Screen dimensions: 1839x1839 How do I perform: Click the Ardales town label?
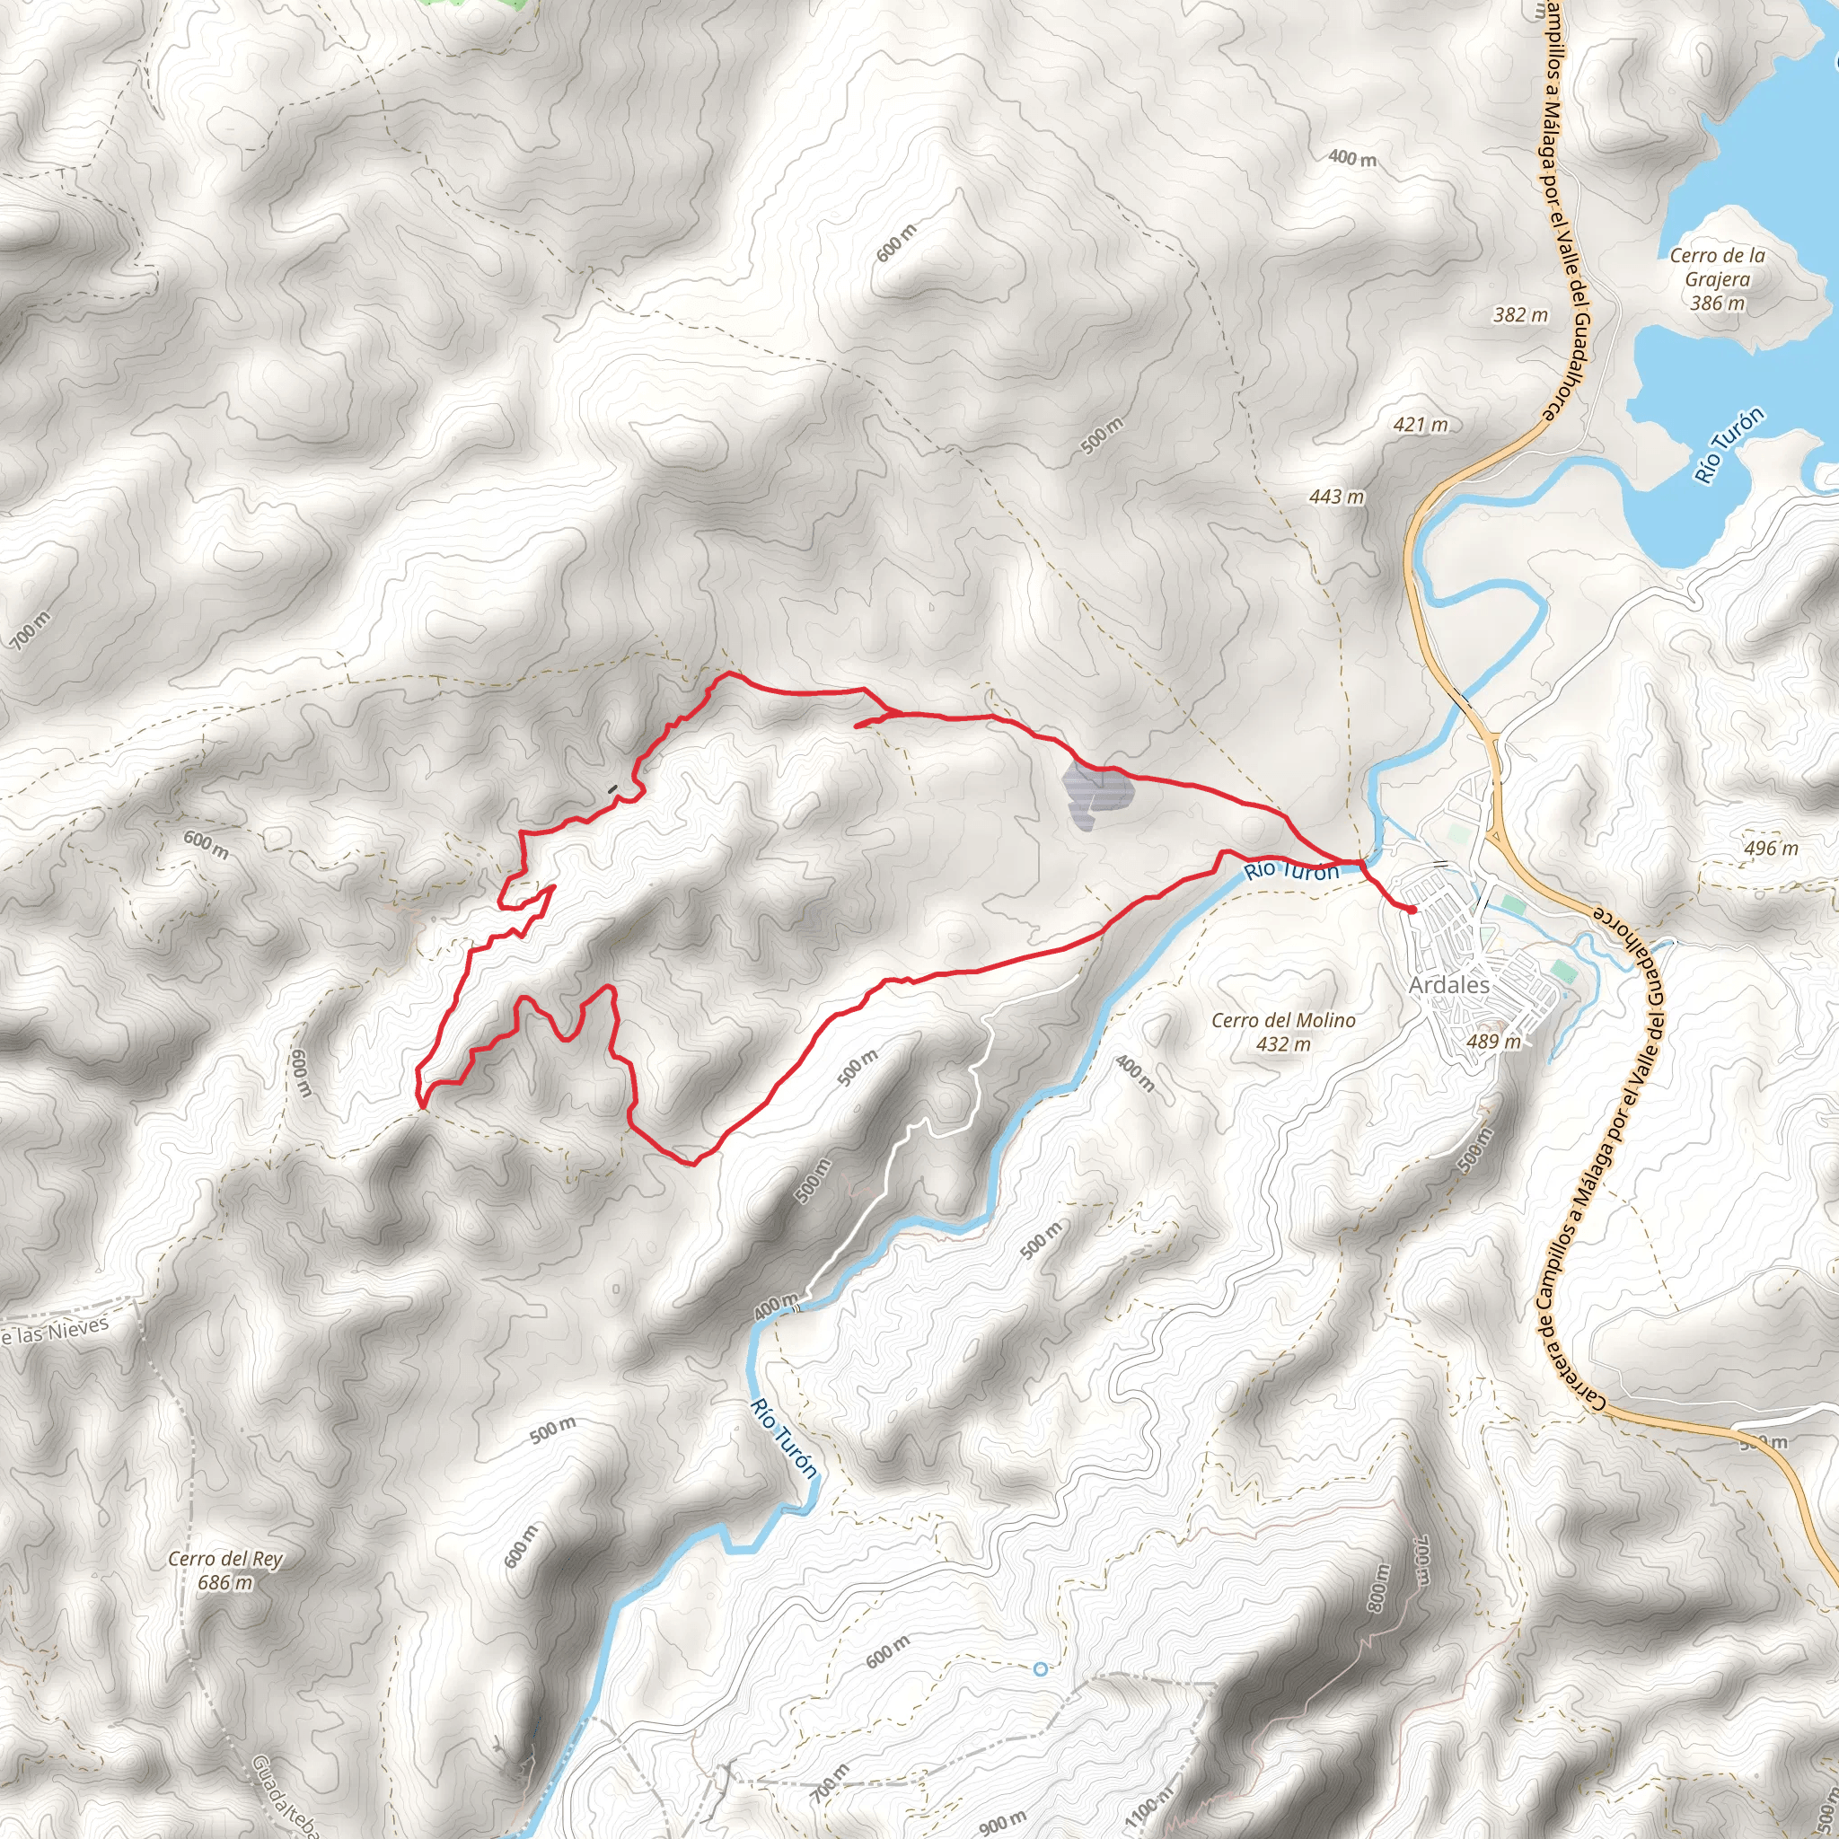pos(1448,985)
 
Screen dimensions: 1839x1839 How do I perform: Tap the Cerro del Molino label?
pos(1283,1020)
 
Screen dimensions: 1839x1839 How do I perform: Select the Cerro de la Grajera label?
pos(1717,268)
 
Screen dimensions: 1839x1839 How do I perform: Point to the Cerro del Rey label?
pos(225,1559)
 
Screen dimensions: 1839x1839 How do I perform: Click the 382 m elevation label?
pos(1520,315)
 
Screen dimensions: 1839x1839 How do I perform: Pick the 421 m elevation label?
pos(1421,426)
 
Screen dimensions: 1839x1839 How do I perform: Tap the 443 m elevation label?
pos(1336,497)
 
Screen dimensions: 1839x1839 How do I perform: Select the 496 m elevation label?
pos(1772,848)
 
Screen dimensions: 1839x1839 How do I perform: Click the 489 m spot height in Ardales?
pos(1493,1042)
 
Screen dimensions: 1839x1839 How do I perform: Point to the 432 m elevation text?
pos(1283,1044)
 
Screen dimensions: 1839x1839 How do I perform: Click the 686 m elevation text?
pos(225,1583)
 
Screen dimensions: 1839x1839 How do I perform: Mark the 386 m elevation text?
pos(1717,304)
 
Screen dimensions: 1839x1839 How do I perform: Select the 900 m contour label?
pos(1002,1822)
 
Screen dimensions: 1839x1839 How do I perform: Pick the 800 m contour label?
pos(1378,1588)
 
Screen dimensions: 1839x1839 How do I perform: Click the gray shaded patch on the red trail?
pos(1095,797)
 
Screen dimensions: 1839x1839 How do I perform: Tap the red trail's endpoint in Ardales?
pos(1412,910)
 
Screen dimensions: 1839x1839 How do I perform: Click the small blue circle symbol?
pos(1041,1668)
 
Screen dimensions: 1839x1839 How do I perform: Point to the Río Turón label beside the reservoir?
pos(1729,445)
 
